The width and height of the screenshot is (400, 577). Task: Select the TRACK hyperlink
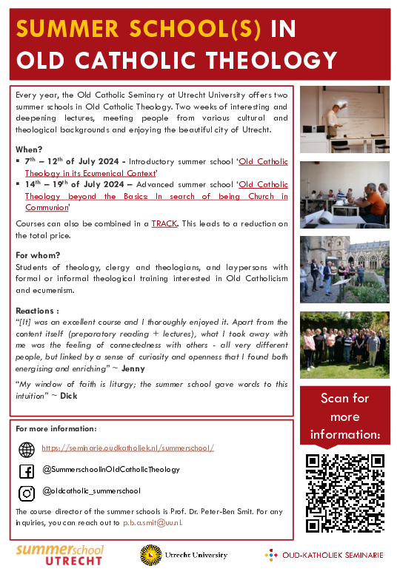[164, 223]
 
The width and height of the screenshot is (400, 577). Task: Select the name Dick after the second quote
[68, 395]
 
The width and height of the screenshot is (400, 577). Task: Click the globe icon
[27, 449]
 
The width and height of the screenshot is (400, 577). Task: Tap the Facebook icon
[27, 470]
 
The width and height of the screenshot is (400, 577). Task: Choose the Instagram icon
[27, 492]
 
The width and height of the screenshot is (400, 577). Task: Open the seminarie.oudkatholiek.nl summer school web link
[128, 448]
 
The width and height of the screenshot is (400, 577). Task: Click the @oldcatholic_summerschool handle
[91, 491]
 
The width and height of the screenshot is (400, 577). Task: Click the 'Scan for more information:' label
[344, 416]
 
